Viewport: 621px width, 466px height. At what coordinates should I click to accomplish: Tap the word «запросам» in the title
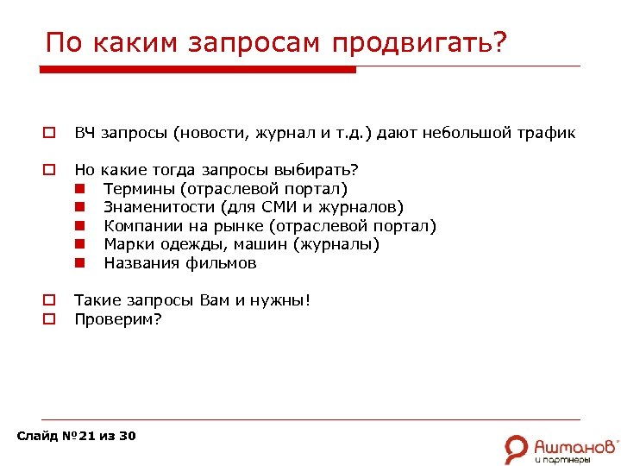click(258, 42)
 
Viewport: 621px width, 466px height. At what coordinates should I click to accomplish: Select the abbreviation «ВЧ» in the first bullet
click(85, 133)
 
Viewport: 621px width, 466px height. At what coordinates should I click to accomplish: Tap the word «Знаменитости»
click(160, 207)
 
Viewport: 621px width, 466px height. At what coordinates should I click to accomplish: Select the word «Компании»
click(140, 226)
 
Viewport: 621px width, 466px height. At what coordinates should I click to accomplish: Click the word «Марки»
click(128, 244)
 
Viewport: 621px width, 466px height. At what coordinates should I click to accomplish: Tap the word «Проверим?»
click(118, 319)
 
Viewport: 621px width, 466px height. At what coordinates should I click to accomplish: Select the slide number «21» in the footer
click(86, 436)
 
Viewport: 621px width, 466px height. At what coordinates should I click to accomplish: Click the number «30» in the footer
click(127, 436)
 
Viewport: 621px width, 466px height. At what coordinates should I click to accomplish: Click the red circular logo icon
click(517, 448)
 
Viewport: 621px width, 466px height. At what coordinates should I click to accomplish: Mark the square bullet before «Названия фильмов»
click(78, 263)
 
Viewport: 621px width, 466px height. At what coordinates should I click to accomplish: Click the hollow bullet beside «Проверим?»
click(50, 319)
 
